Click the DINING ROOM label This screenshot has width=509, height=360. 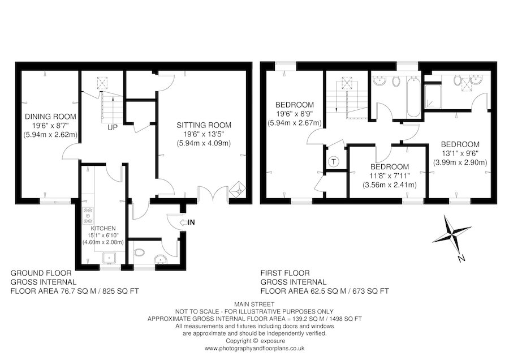click(x=50, y=117)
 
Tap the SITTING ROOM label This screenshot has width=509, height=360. click(x=204, y=125)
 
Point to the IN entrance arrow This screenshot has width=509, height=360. click(x=187, y=222)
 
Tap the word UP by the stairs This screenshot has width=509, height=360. click(x=113, y=127)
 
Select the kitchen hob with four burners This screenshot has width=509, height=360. click(x=88, y=215)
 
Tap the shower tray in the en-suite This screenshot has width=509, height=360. click(x=434, y=96)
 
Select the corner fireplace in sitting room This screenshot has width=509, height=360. click(x=239, y=190)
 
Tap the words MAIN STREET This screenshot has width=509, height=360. click(x=254, y=303)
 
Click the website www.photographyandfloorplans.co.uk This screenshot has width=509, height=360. click(x=254, y=348)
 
